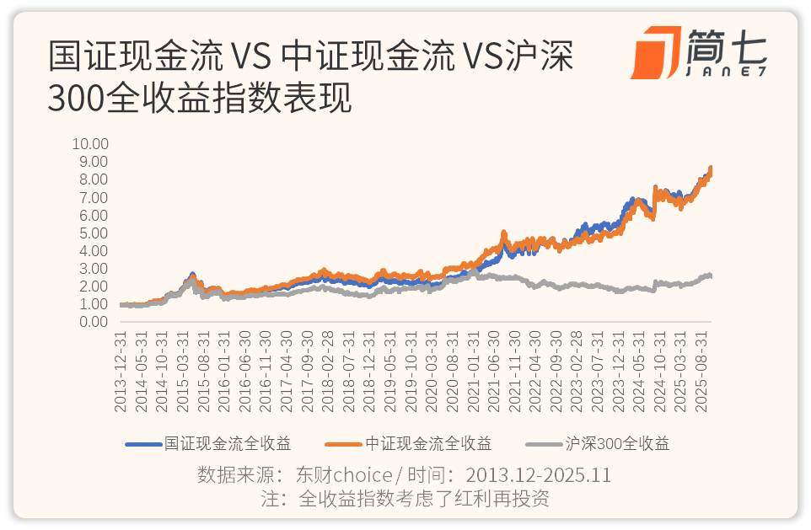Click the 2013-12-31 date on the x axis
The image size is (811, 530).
pyautogui.click(x=121, y=371)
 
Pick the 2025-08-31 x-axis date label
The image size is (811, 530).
pyautogui.click(x=700, y=371)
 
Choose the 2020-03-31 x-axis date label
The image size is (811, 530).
pyautogui.click(x=432, y=371)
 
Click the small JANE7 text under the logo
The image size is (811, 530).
pyautogui.click(x=727, y=72)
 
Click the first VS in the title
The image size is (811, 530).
pyautogui.click(x=250, y=57)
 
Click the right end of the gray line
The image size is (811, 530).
pyautogui.click(x=711, y=276)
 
